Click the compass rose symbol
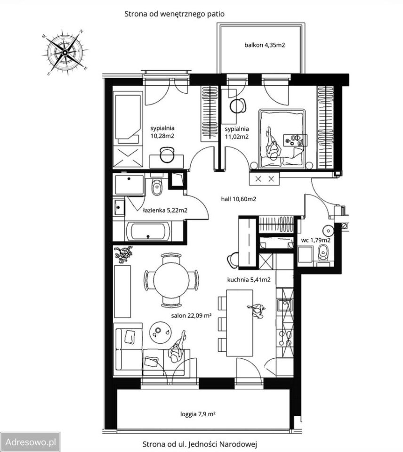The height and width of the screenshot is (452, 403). tap(65, 52)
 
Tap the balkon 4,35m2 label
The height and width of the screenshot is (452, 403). tap(265, 45)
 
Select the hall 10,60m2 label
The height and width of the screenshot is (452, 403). tap(239, 199)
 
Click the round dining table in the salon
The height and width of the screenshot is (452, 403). tap(171, 280)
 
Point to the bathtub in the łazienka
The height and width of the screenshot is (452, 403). tap(148, 232)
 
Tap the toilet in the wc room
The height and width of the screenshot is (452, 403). tap(323, 253)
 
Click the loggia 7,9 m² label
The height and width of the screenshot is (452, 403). tap(198, 414)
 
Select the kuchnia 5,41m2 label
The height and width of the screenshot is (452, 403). tap(249, 280)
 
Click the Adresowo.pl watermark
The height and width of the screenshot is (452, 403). tap(30, 442)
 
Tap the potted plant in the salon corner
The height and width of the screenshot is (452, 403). tap(123, 254)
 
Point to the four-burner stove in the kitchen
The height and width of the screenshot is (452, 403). tap(285, 338)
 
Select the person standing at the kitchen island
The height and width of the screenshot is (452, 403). tap(257, 311)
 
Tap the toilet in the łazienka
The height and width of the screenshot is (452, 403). tap(157, 186)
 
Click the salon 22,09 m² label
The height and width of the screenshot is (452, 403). tap(192, 315)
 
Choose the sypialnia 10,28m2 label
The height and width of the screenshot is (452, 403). tap(162, 132)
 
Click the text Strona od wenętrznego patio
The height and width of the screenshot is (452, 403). tap(174, 14)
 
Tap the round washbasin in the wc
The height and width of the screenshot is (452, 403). tap(328, 230)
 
